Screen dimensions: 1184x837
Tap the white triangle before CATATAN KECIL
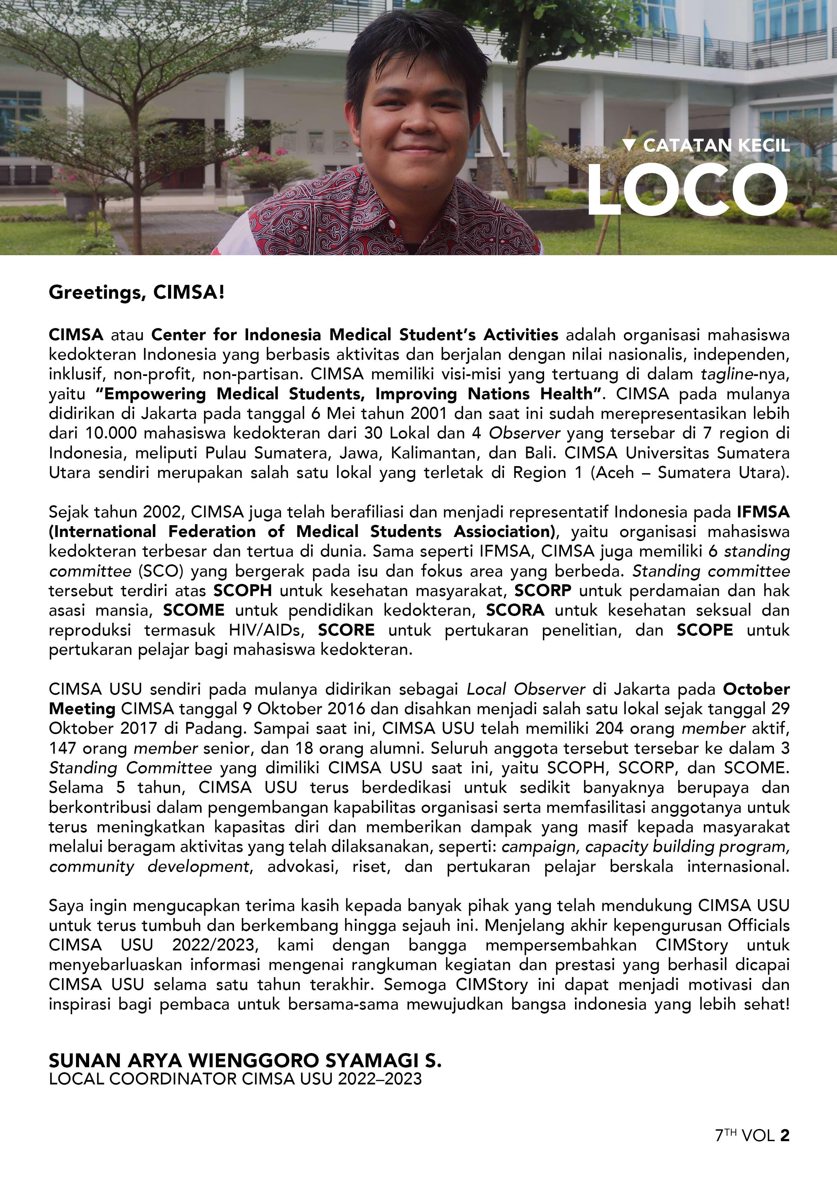(x=628, y=145)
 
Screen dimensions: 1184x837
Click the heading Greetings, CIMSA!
(x=137, y=293)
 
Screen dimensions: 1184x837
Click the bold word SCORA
(x=515, y=610)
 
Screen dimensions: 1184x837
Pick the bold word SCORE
(x=346, y=630)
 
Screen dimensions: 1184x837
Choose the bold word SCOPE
(x=704, y=630)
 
